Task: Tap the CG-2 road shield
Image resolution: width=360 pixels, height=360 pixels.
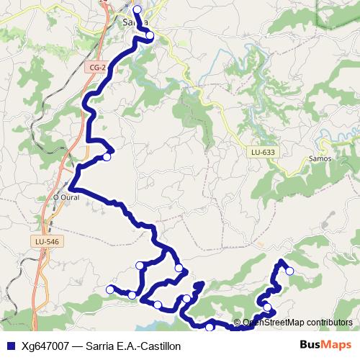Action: tap(98, 67)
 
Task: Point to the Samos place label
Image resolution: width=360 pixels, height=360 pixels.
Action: tap(319, 158)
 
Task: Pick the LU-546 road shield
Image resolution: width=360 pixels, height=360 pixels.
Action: tap(46, 241)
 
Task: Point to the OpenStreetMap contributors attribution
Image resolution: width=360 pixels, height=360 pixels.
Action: tap(297, 323)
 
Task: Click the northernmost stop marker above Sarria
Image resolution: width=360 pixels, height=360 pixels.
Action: tap(137, 9)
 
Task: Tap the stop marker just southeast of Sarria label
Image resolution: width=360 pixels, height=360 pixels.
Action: tap(150, 35)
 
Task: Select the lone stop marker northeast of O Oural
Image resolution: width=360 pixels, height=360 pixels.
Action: tap(107, 156)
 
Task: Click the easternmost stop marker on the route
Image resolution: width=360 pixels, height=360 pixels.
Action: tap(290, 271)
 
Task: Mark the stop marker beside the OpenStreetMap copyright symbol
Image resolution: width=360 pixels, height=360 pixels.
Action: tap(268, 307)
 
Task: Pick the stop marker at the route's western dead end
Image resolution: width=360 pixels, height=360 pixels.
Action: tap(110, 289)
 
